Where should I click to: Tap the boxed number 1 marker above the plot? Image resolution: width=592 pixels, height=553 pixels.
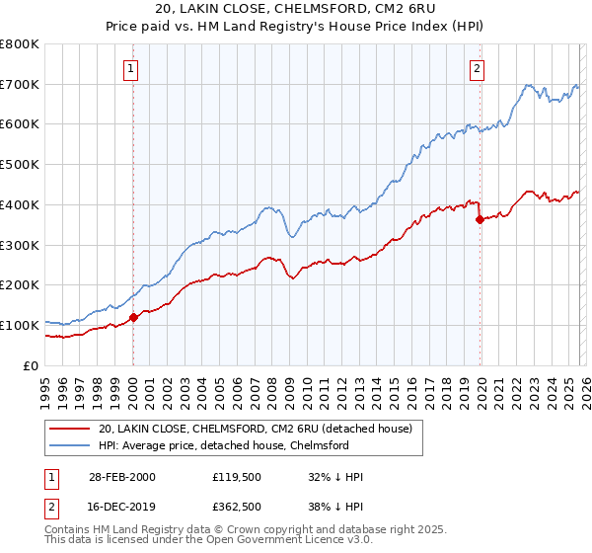pyautogui.click(x=132, y=68)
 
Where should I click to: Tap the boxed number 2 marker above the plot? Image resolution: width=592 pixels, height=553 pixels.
pyautogui.click(x=478, y=68)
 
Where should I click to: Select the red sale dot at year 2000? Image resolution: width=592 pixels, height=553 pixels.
pyautogui.click(x=134, y=317)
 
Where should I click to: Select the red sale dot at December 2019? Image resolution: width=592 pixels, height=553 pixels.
pyautogui.click(x=480, y=219)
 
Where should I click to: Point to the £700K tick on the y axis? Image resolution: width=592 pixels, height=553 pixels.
pyautogui.click(x=20, y=85)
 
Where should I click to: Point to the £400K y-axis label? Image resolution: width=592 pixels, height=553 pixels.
pyautogui.click(x=20, y=205)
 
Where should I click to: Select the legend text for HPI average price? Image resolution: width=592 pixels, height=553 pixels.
pyautogui.click(x=223, y=446)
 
